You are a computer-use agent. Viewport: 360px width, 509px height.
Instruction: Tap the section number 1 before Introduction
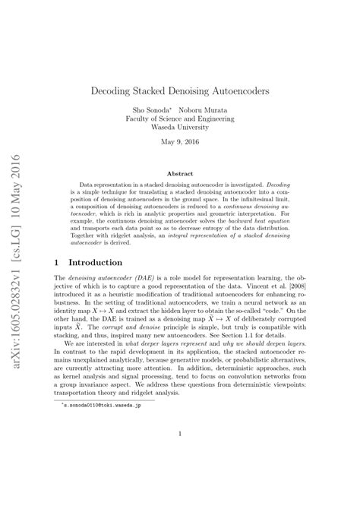click(59, 261)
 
